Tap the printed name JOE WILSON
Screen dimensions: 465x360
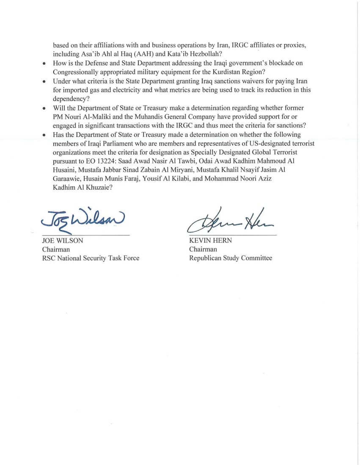point(63,241)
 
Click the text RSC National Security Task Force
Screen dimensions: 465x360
point(91,258)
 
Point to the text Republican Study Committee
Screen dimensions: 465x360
point(231,258)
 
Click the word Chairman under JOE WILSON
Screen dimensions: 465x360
point(56,249)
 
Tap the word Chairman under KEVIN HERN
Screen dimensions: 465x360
point(203,249)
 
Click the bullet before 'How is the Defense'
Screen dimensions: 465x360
point(44,64)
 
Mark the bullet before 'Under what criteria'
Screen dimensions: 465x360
point(44,82)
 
